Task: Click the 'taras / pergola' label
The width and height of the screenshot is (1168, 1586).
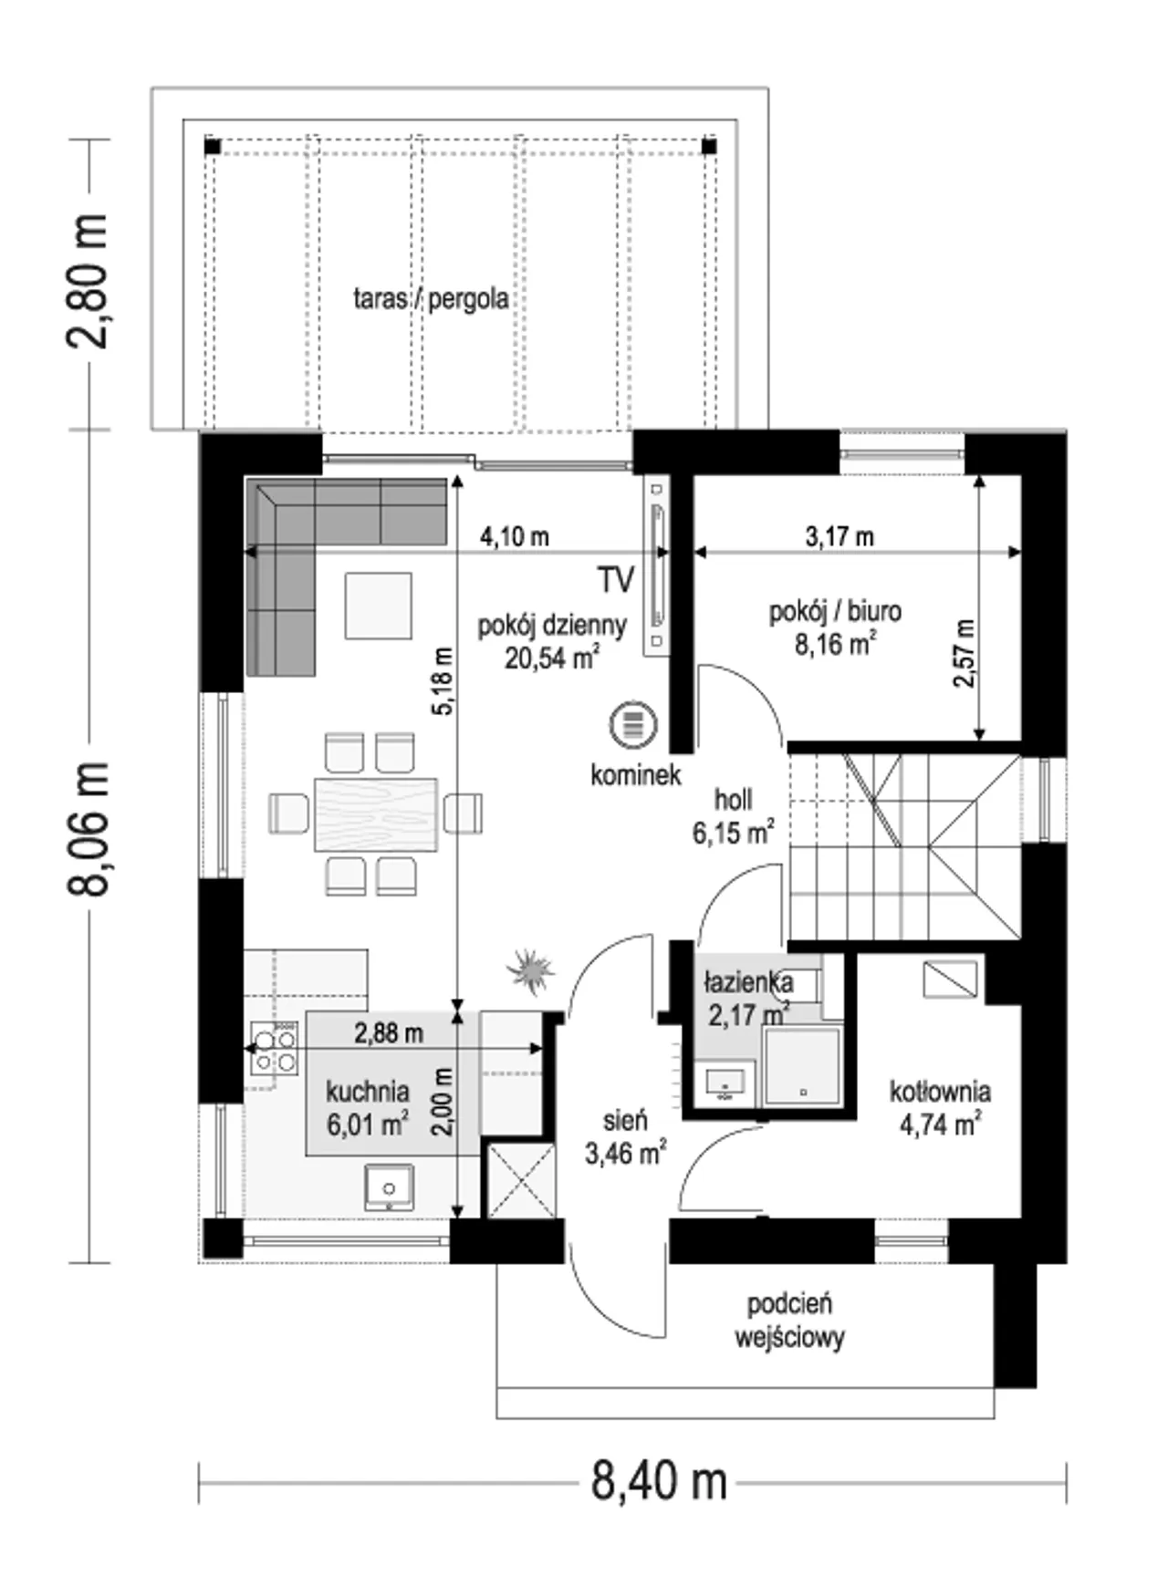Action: [431, 299]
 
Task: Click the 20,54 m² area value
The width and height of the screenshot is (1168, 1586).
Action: [552, 658]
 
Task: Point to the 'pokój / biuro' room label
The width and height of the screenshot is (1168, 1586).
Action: [835, 611]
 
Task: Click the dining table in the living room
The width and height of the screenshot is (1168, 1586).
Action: [375, 814]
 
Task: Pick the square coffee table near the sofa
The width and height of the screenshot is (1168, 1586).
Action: [378, 605]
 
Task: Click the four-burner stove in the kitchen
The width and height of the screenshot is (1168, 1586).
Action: [275, 1049]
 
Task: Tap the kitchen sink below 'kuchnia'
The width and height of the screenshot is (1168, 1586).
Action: [390, 1187]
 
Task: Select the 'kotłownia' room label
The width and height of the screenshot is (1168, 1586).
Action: [941, 1091]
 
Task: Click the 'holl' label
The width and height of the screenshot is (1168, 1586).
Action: [734, 800]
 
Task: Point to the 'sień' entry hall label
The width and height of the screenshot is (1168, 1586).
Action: [625, 1120]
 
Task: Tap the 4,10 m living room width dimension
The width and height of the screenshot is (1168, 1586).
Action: [516, 536]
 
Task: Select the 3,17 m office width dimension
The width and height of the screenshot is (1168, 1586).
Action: [839, 536]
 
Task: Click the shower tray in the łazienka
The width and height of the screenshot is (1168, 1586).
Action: [802, 1065]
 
